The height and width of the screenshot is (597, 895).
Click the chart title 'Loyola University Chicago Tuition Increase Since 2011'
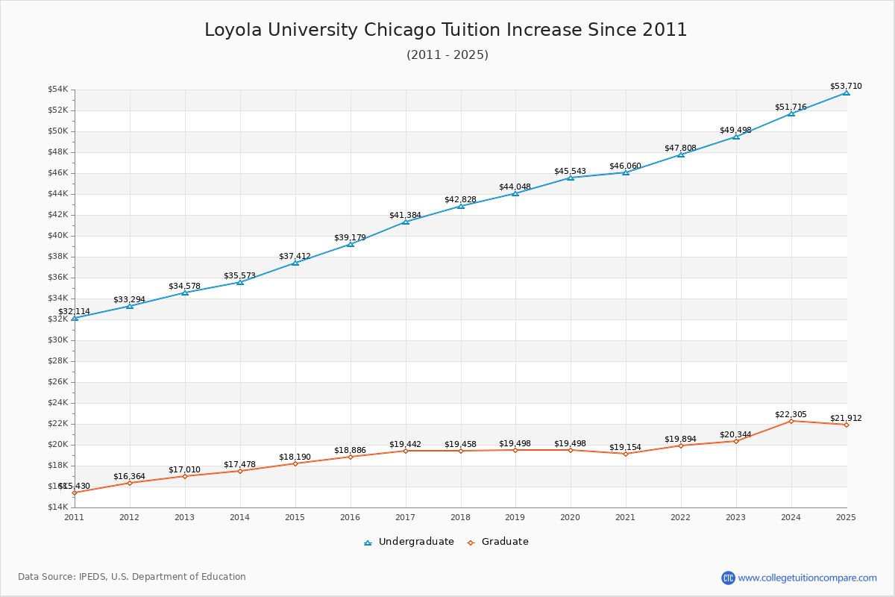[x=446, y=30]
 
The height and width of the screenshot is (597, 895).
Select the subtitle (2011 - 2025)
[x=447, y=55]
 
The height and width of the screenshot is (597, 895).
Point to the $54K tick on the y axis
[x=58, y=90]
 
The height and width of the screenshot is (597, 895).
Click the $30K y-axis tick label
[x=58, y=340]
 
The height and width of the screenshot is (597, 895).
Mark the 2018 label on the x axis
[x=460, y=516]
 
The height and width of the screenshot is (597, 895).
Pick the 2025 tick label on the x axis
[x=846, y=516]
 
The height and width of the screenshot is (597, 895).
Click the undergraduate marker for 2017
[x=406, y=222]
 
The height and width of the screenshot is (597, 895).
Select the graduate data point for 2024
[x=791, y=421]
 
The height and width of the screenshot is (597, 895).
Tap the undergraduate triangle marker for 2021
[x=626, y=172]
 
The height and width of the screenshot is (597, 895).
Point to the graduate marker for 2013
[x=185, y=476]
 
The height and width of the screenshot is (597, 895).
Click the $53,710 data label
[x=846, y=87]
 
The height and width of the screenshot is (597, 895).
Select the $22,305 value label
[x=791, y=415]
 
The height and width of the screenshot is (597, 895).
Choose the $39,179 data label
[x=350, y=238]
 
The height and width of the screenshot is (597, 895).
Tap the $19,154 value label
[x=625, y=448]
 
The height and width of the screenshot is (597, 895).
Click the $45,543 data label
[x=570, y=172]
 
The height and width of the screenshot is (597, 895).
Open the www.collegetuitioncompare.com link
[x=807, y=578]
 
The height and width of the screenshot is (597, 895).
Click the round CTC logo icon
[x=728, y=578]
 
